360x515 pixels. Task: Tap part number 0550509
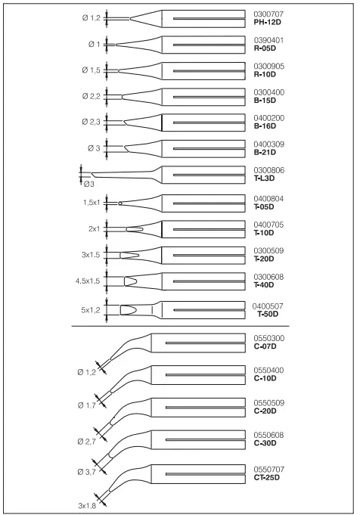tap(270, 402)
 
